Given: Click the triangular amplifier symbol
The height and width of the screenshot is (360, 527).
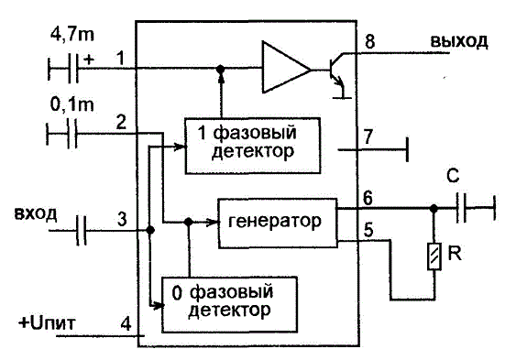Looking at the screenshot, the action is tap(286, 67).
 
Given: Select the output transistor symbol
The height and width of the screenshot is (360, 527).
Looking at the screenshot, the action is tap(338, 75).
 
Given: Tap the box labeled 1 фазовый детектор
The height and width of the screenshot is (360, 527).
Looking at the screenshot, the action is tap(252, 146).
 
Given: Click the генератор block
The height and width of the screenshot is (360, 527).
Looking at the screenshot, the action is tap(278, 224).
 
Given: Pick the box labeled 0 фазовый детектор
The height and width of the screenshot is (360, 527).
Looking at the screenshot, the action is tap(229, 305).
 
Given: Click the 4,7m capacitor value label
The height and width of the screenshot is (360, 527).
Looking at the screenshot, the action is tap(72, 35).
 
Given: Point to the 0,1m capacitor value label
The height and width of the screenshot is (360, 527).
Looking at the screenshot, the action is tap(71, 104).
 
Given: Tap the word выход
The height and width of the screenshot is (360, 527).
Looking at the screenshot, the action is tap(459, 41).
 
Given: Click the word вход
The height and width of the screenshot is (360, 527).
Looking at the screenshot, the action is tap(36, 213).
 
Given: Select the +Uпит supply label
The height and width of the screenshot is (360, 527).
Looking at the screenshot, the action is tap(48, 323).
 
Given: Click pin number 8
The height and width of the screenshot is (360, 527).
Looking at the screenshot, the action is tap(369, 42).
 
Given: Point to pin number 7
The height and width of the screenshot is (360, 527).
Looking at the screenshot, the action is tap(368, 137).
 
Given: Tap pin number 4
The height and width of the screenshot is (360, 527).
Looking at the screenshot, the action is tap(126, 324).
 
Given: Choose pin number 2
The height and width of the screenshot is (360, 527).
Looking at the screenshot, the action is tap(121, 122).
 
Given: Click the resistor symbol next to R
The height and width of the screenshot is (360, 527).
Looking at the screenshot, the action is tap(434, 256).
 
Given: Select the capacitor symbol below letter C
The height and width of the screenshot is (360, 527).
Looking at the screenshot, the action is tap(461, 208).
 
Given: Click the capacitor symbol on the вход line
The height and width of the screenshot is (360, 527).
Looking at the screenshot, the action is tap(81, 230).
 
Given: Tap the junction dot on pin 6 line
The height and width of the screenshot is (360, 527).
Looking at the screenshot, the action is tap(434, 209).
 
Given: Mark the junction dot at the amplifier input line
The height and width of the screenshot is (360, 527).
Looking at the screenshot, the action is tap(220, 70).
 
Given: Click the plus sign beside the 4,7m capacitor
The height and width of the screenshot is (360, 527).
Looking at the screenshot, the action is tap(90, 60).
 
